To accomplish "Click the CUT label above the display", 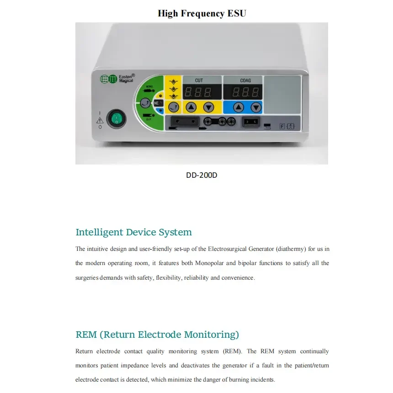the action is click(x=199, y=80).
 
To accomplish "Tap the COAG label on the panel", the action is click(x=245, y=80).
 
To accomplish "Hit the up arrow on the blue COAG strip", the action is click(x=239, y=107).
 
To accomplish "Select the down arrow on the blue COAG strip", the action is click(x=255, y=107).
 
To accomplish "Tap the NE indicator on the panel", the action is click(x=156, y=103).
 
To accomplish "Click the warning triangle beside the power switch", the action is click(x=100, y=120).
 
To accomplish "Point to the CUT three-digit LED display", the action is click(x=198, y=92).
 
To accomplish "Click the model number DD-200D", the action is click(x=202, y=175).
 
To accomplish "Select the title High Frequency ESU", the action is click(x=202, y=13).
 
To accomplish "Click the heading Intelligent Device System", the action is click(x=133, y=232).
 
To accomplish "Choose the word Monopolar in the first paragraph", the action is click(x=209, y=263).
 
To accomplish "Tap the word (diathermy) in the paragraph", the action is click(x=291, y=249).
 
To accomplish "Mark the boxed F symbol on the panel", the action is click(x=282, y=126).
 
